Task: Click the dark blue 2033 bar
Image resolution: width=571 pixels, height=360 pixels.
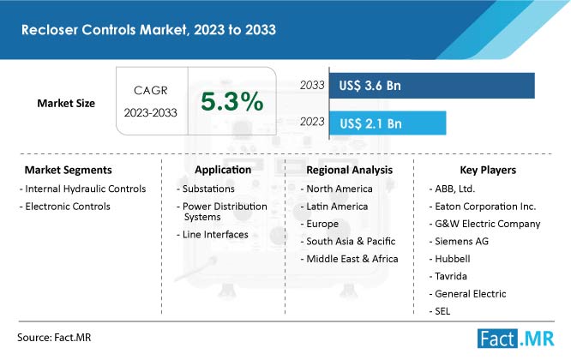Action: pos(432,86)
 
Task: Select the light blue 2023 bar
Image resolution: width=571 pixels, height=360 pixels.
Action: pos(388,123)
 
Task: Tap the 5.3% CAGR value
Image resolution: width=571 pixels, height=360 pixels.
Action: pos(232,101)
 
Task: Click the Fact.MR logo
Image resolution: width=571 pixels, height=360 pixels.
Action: pos(515,339)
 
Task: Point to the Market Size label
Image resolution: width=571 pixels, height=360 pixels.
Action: pos(66,104)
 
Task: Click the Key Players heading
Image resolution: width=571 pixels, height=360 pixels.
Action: pos(488,170)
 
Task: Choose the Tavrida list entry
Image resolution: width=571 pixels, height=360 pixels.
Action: pos(448,276)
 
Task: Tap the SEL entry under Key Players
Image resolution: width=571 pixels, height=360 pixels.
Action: pos(440,311)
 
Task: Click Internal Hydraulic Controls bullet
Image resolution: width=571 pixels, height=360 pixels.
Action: pos(83,189)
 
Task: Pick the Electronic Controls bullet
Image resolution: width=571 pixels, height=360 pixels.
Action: pos(65,207)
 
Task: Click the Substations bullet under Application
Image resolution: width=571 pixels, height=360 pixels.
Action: pos(206,189)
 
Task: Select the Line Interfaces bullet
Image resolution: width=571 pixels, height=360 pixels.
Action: pos(213,234)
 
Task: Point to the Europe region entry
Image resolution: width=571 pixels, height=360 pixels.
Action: pos(320,224)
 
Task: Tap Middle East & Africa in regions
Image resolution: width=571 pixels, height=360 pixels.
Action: pos(350,259)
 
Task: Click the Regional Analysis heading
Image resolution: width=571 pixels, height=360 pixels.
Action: pos(350,170)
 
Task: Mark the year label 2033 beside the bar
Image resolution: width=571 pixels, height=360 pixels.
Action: pos(312,85)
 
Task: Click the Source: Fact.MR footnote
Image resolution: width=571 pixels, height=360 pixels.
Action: pos(54,338)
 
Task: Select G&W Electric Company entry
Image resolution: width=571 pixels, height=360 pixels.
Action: pos(485,224)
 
